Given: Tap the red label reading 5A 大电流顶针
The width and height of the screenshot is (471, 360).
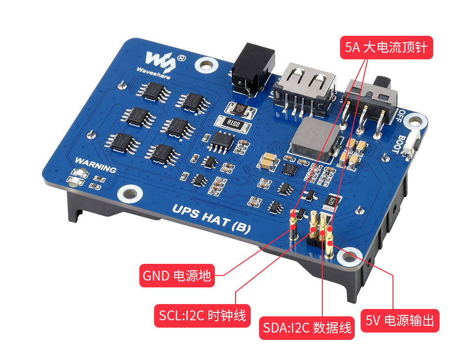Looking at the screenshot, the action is [386, 48].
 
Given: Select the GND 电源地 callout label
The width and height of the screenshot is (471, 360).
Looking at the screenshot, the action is [177, 276].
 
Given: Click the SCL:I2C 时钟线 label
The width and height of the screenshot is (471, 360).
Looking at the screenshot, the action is [202, 315].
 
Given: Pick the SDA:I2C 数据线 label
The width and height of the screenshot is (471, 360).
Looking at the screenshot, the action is [307, 328].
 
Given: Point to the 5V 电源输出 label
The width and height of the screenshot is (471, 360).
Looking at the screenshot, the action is [400, 321].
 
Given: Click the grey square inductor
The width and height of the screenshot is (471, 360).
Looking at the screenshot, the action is [315, 139].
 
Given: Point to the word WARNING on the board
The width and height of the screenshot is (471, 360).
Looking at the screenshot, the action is [96, 165].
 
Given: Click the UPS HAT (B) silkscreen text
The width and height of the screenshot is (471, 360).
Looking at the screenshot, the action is [211, 219].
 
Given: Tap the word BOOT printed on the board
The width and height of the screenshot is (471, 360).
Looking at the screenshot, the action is [399, 144].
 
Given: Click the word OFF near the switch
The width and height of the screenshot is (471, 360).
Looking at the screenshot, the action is [399, 116].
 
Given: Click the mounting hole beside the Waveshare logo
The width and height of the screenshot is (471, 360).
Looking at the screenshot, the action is [206, 65].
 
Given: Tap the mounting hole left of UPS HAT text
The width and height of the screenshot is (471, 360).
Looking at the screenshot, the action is [130, 194].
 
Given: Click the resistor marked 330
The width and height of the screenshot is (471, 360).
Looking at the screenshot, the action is [240, 108].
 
